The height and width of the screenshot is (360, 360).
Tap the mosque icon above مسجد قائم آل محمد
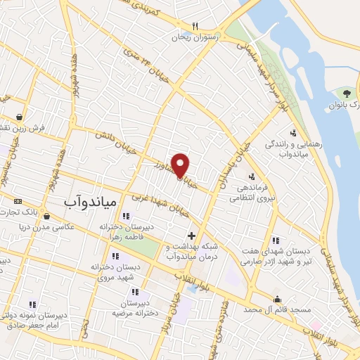[277, 299]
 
